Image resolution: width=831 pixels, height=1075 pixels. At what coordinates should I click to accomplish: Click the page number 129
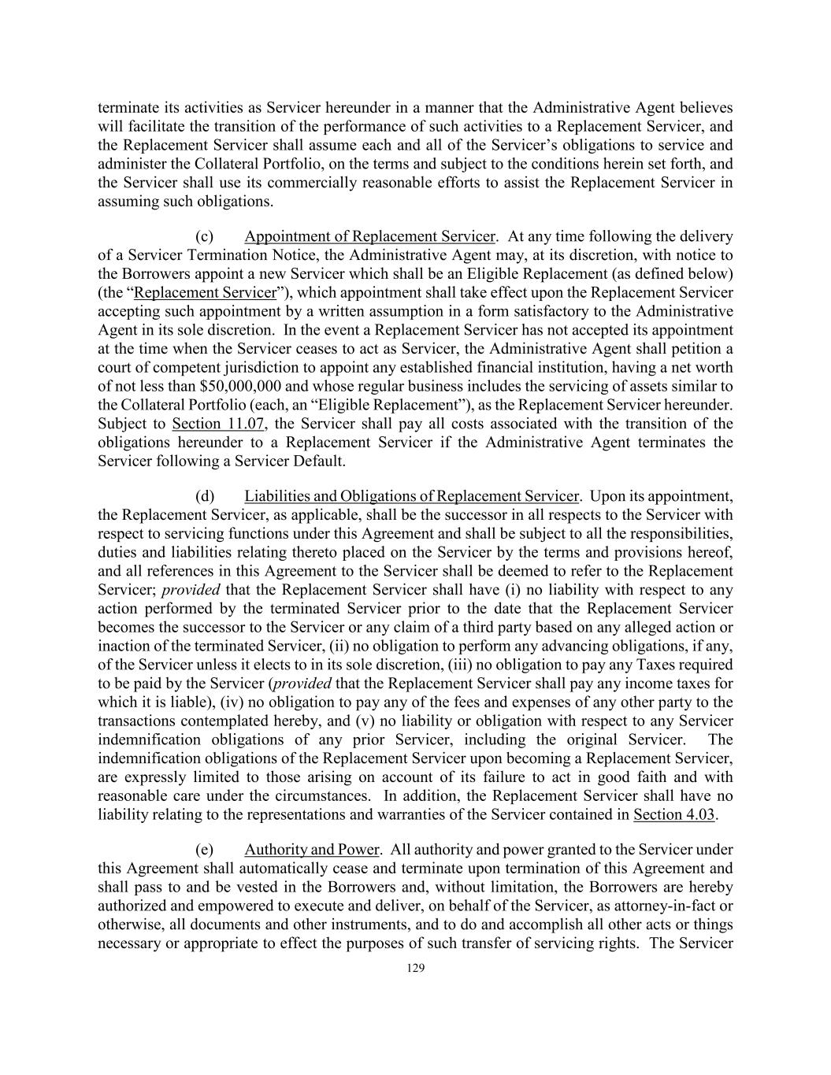[x=415, y=968]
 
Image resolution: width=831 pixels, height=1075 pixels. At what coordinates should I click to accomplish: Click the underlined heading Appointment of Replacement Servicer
[x=370, y=236]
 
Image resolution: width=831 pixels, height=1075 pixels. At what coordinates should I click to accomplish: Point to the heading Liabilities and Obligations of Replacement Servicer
[x=412, y=496]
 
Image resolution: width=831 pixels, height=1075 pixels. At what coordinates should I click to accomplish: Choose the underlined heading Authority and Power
[x=312, y=850]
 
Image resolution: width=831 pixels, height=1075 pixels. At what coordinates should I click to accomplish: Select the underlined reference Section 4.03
[x=674, y=814]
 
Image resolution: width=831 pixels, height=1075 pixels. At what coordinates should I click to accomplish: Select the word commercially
[x=321, y=183]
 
